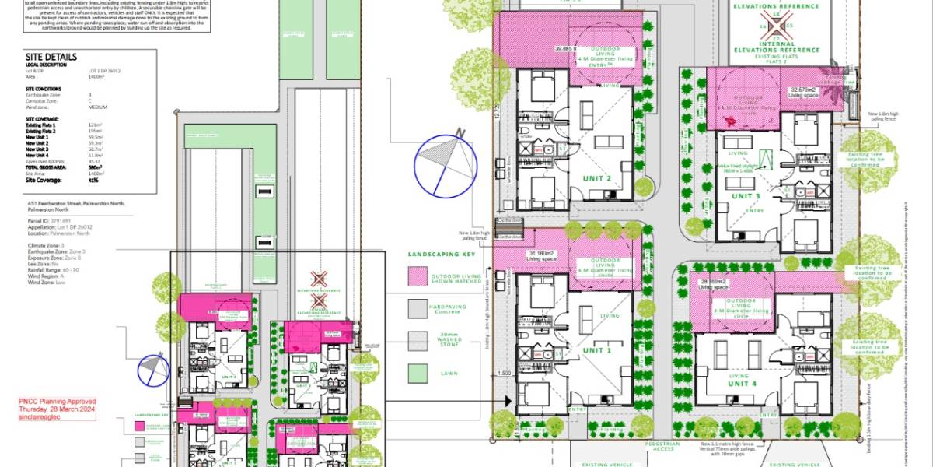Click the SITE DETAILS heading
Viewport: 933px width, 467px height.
coord(51,57)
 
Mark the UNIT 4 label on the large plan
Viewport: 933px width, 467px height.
coord(743,384)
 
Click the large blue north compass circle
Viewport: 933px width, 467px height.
coord(445,165)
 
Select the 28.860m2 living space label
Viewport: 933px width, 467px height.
coord(715,284)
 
